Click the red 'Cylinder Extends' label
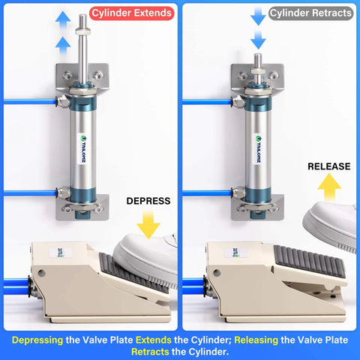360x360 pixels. click(x=132, y=13)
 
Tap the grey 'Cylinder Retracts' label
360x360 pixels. click(x=310, y=13)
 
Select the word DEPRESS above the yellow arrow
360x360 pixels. click(x=148, y=201)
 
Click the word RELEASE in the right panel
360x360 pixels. click(x=328, y=166)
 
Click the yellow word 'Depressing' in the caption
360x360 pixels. click(x=37, y=339)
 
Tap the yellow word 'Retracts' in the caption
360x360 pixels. click(x=155, y=351)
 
